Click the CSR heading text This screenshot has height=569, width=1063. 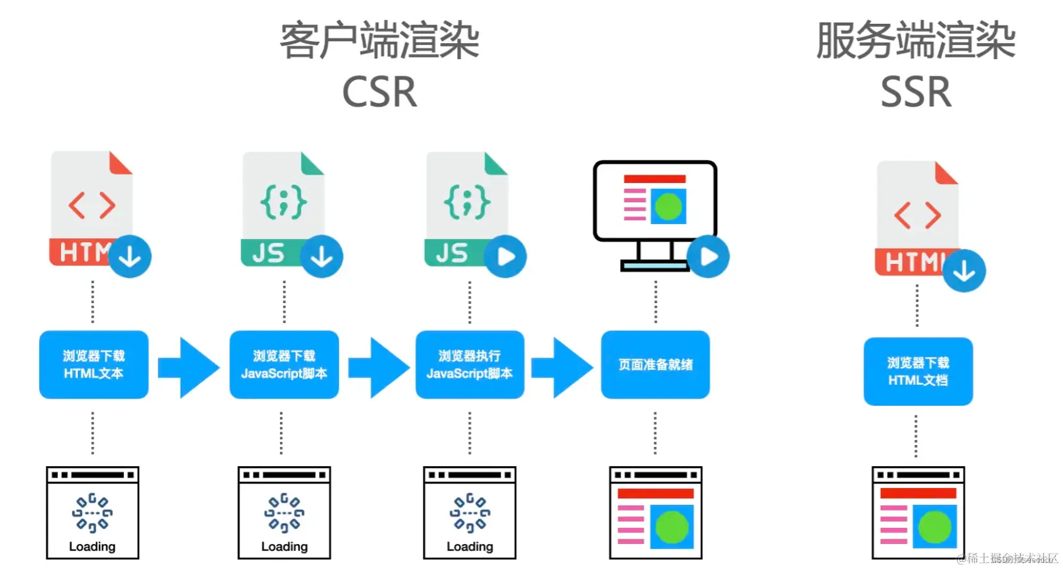tap(379, 92)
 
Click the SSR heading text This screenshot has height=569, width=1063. tap(915, 92)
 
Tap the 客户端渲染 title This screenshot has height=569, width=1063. tap(379, 40)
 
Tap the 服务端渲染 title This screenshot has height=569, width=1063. tap(915, 40)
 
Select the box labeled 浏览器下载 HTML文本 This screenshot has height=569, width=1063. tap(94, 364)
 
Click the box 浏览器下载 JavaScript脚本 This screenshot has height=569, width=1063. tap(284, 364)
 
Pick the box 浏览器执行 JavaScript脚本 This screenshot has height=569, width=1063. tap(470, 364)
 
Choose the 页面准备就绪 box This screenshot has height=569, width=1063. tap(655, 364)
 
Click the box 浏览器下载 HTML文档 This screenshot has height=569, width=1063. tap(918, 371)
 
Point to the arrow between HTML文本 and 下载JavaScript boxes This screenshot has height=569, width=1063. tap(190, 367)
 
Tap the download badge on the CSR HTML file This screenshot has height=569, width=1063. tap(130, 257)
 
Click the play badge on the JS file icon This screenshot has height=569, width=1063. tap(505, 257)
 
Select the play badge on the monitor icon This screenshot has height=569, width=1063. tap(708, 257)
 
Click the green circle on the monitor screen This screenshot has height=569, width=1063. tap(668, 207)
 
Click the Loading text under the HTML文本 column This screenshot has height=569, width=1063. tap(92, 547)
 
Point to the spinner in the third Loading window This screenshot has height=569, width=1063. tap(470, 512)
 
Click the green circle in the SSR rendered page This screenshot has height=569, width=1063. tap(935, 527)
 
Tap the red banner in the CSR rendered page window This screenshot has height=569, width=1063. tap(655, 493)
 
